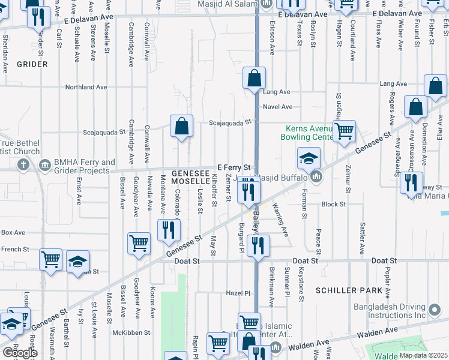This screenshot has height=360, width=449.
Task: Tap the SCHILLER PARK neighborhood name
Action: pyautogui.click(x=349, y=290)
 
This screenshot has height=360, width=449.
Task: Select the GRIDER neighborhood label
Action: pyautogui.click(x=32, y=64)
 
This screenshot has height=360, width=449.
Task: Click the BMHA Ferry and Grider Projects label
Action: pyautogui.click(x=83, y=166)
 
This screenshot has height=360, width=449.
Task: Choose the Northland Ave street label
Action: pyautogui.click(x=86, y=87)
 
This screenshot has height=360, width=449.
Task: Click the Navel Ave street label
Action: pyautogui.click(x=279, y=107)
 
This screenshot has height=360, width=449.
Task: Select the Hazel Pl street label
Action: pyautogui.click(x=238, y=293)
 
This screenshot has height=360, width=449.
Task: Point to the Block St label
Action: pyautogui.click(x=334, y=204)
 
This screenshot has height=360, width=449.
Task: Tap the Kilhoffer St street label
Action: pyautogui.click(x=214, y=190)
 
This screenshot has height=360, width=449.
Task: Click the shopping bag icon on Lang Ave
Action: pyautogui.click(x=255, y=78)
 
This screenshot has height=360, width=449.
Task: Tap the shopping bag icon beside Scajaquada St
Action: pyautogui.click(x=181, y=126)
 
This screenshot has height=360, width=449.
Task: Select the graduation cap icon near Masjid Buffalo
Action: pyautogui.click(x=309, y=158)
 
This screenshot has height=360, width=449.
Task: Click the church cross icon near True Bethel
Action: pyautogui.click(x=23, y=165)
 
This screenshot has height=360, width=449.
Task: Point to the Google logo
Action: pyautogui.click(x=20, y=353)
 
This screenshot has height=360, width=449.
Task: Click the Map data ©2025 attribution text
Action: pyautogui.click(x=423, y=355)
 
